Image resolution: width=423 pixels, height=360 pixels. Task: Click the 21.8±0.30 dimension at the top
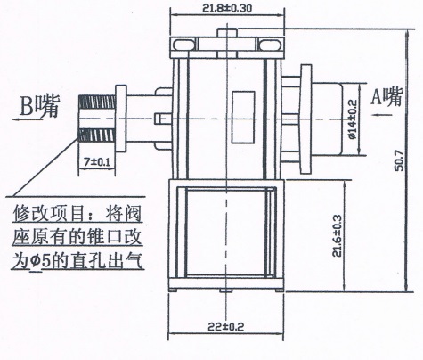tap(227, 8)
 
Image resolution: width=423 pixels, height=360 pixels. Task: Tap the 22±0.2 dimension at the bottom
tap(226, 327)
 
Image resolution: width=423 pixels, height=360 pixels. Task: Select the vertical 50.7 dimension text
tap(400, 160)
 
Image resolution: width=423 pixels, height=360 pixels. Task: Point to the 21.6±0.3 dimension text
tap(338, 235)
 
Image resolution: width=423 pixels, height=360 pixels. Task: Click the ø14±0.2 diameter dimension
tap(353, 119)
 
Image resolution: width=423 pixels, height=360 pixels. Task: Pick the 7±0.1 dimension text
tap(97, 162)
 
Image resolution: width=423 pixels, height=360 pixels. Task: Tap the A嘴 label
tap(386, 96)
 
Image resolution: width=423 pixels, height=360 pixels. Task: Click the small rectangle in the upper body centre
tap(243, 118)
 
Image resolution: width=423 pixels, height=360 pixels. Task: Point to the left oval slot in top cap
tap(184, 45)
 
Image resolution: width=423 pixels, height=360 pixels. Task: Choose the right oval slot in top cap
tap(270, 45)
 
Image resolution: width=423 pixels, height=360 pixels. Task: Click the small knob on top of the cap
tap(227, 32)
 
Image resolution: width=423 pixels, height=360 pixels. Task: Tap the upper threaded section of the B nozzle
tap(97, 102)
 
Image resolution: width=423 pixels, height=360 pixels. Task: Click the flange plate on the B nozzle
tap(121, 119)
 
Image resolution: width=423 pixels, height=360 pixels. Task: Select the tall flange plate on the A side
tap(306, 119)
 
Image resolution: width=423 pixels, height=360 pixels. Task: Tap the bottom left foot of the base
tap(173, 290)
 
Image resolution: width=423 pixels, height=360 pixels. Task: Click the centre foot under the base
tap(226, 290)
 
